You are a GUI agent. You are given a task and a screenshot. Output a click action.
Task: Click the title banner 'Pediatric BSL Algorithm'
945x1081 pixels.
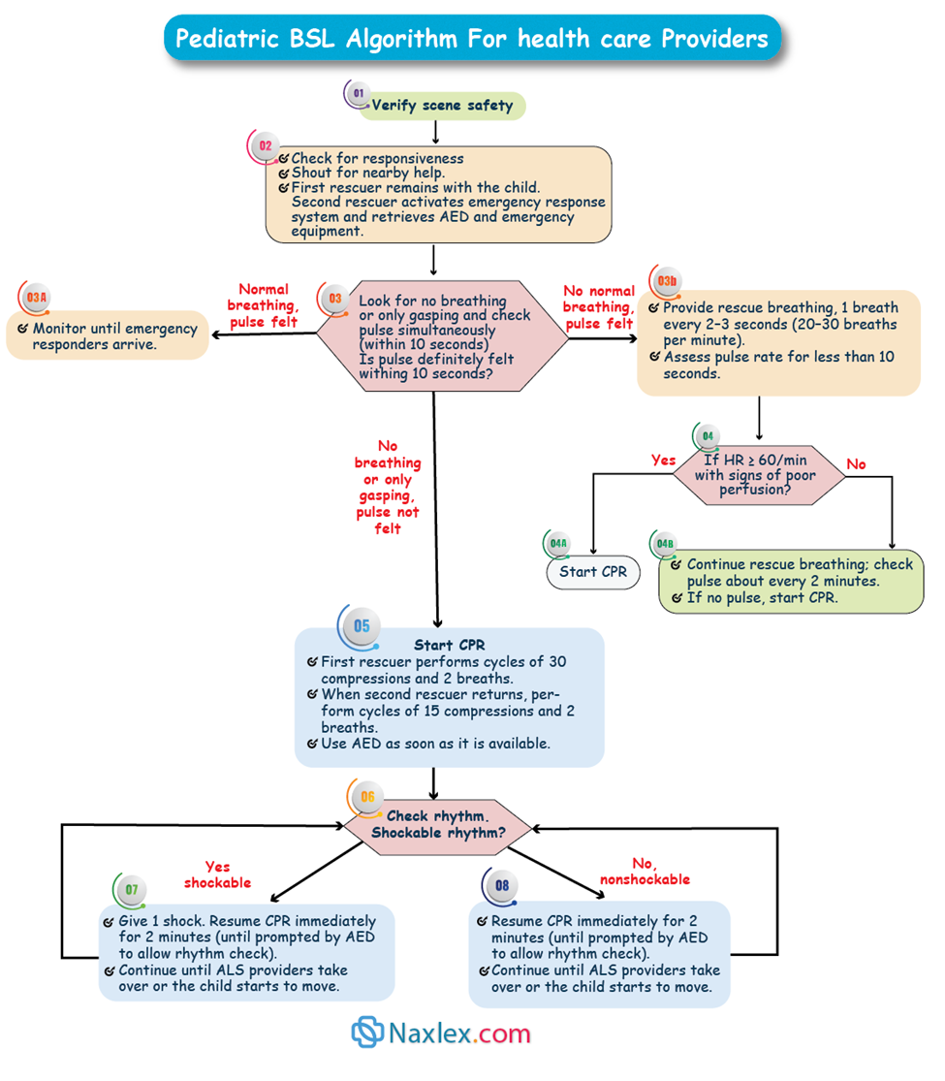pyautogui.click(x=472, y=39)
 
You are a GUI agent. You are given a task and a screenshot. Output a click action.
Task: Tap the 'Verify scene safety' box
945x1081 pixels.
pyautogui.click(x=442, y=106)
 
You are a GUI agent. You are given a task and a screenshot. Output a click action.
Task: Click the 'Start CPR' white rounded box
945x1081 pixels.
pyautogui.click(x=593, y=572)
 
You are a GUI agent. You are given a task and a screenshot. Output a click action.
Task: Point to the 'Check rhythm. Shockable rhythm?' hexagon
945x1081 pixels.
pyautogui.click(x=438, y=825)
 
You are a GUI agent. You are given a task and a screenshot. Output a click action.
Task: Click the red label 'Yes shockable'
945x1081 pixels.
pyautogui.click(x=217, y=874)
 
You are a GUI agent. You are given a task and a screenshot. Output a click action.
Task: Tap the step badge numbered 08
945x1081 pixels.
pyautogui.click(x=501, y=885)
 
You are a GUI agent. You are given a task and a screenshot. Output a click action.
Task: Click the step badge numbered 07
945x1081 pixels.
pyautogui.click(x=131, y=890)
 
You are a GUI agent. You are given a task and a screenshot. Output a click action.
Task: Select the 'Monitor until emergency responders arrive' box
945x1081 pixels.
pyautogui.click(x=108, y=335)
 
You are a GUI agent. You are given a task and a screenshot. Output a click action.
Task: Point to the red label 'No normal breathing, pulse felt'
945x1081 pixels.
pyautogui.click(x=598, y=307)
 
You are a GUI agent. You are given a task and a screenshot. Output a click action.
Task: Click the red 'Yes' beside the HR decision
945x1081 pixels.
pyautogui.click(x=664, y=461)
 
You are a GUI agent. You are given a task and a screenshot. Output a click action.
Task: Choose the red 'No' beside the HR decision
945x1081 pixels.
pyautogui.click(x=856, y=464)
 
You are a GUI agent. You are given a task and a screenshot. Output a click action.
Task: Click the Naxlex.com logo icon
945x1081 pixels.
pyautogui.click(x=367, y=1033)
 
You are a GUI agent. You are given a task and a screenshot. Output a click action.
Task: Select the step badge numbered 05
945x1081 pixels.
pyautogui.click(x=361, y=627)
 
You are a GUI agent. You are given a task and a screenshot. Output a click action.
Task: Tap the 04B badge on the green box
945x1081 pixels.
pyautogui.click(x=665, y=544)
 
